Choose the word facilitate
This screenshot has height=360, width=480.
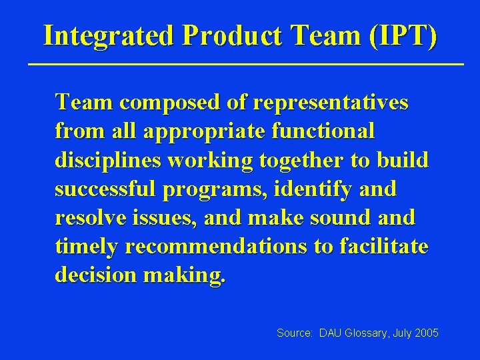(x=383, y=247)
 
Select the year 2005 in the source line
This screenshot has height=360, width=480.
(x=426, y=332)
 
